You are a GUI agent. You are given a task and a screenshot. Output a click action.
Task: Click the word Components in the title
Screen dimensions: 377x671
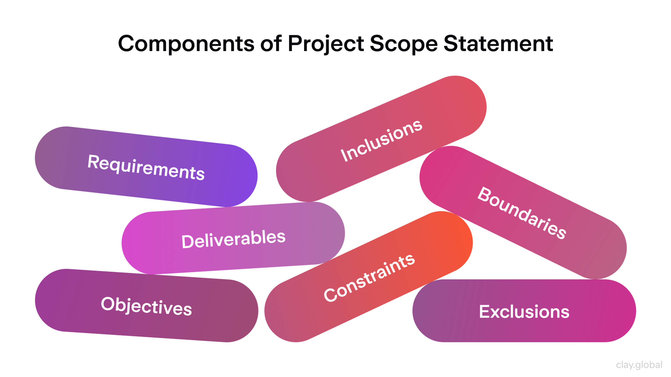[186, 44]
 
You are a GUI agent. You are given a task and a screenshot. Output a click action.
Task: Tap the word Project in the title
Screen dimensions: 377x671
[326, 44]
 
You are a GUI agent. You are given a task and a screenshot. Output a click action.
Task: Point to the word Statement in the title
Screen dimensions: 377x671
[498, 44]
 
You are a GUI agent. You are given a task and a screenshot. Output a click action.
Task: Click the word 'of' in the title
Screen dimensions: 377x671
[271, 44]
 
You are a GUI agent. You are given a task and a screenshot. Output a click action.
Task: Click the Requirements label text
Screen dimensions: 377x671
[146, 167]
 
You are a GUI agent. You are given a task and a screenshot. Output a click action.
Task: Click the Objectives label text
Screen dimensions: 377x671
[146, 306]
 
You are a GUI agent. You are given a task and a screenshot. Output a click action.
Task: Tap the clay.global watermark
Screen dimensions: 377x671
[639, 365]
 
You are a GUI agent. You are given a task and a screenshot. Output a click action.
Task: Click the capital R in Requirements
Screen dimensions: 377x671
[93, 162]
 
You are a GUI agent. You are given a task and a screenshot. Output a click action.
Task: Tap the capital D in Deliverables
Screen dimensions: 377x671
[187, 241]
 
